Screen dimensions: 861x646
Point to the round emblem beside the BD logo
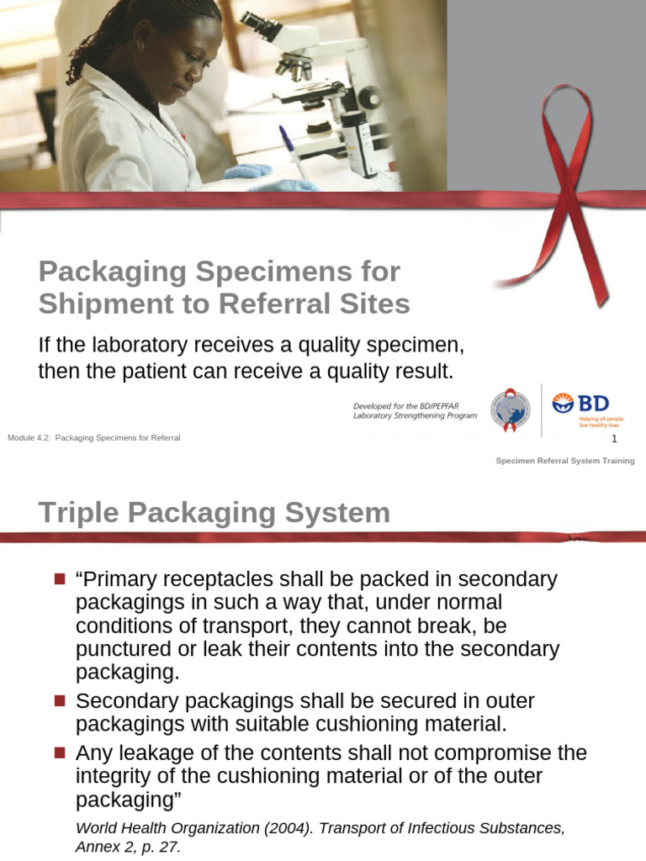pyautogui.click(x=510, y=409)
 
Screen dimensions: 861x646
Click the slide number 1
pyautogui.click(x=614, y=439)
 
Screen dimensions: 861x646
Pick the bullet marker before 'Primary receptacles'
pyautogui.click(x=59, y=579)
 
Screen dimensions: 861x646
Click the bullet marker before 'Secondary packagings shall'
pyautogui.click(x=59, y=701)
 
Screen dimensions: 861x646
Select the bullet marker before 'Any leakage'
pyautogui.click(x=59, y=753)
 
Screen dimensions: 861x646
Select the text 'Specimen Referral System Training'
pyautogui.click(x=564, y=461)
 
